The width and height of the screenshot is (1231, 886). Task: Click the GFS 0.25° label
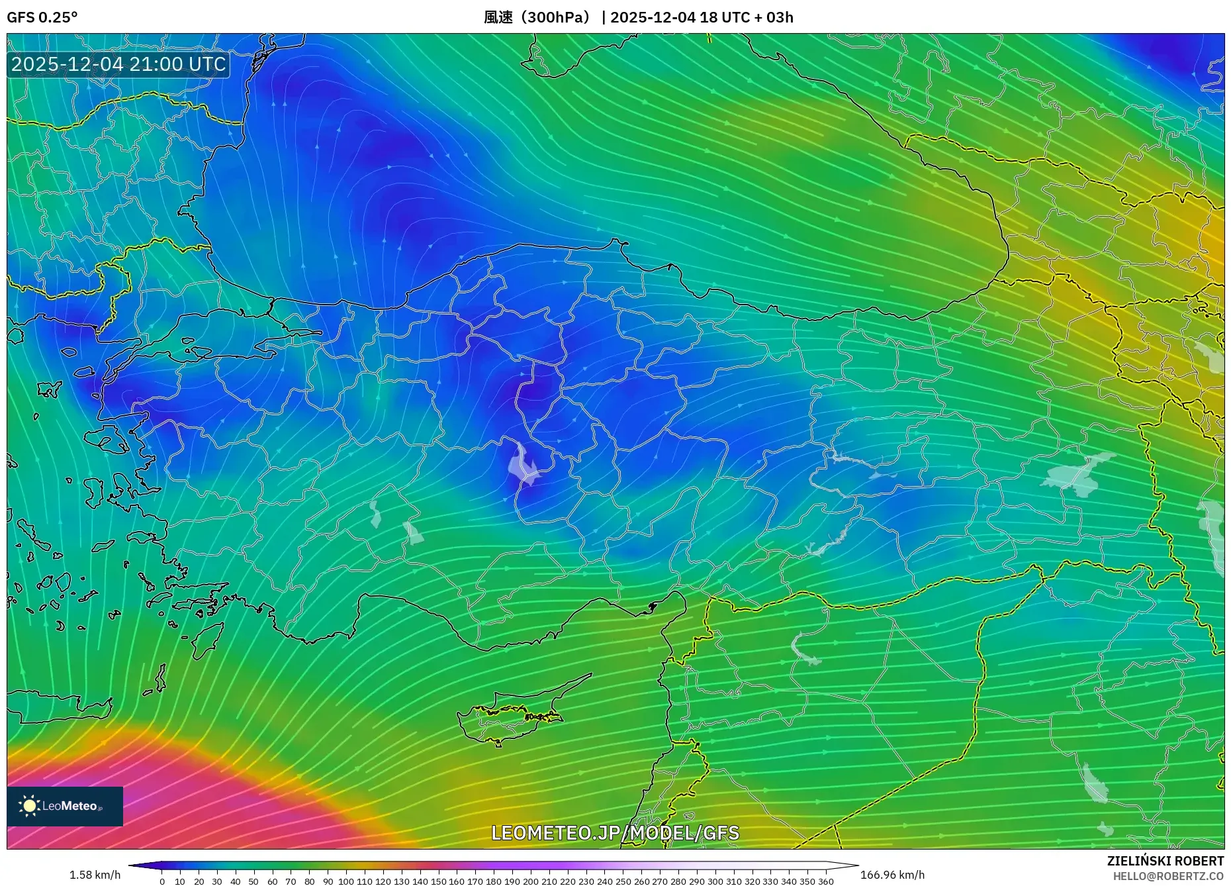tap(42, 17)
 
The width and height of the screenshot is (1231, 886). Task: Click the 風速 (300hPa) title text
tap(537, 17)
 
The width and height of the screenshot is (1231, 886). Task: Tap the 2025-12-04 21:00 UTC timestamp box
tap(118, 64)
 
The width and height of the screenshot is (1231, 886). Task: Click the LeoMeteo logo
tap(65, 806)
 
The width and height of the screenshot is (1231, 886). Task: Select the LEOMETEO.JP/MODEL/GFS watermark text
tap(615, 832)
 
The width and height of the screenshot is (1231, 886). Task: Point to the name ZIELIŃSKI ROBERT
tap(1165, 861)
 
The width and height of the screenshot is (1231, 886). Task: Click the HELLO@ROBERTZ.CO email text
tap(1167, 876)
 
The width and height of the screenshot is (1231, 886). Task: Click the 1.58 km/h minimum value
tap(95, 875)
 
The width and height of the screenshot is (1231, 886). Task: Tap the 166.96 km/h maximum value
tap(892, 875)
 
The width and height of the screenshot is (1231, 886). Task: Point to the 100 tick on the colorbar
tap(346, 881)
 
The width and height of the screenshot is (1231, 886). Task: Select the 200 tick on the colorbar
tap(530, 881)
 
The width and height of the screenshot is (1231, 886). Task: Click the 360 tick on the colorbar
tap(825, 881)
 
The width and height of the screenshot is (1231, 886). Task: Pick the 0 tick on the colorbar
tap(162, 881)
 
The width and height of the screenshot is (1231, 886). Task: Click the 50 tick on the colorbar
tap(253, 881)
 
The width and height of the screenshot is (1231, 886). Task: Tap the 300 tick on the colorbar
tap(715, 881)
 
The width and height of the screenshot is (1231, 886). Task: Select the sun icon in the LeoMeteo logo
tap(29, 806)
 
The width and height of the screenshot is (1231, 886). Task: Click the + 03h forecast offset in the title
tap(774, 17)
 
